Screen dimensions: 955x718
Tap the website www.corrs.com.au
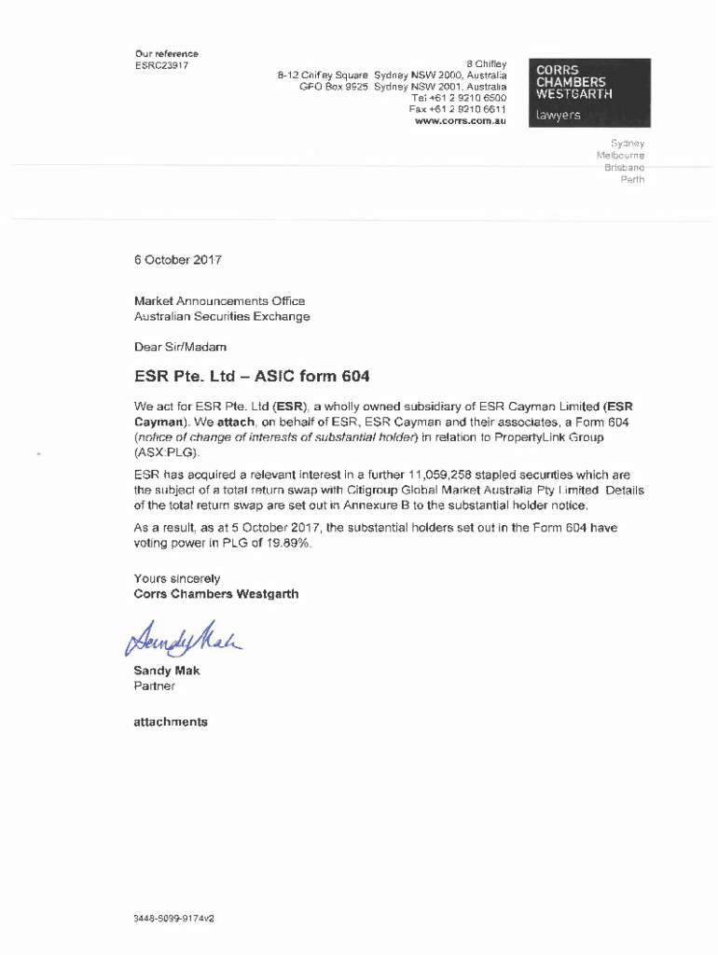point(460,121)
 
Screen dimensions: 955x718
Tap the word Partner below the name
point(155,686)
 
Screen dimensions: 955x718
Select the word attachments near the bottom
point(171,722)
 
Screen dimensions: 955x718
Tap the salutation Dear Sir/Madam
point(180,348)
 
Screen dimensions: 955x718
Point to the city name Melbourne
point(620,155)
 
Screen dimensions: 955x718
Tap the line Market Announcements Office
point(219,301)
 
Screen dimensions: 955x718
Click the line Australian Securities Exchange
point(222,316)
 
